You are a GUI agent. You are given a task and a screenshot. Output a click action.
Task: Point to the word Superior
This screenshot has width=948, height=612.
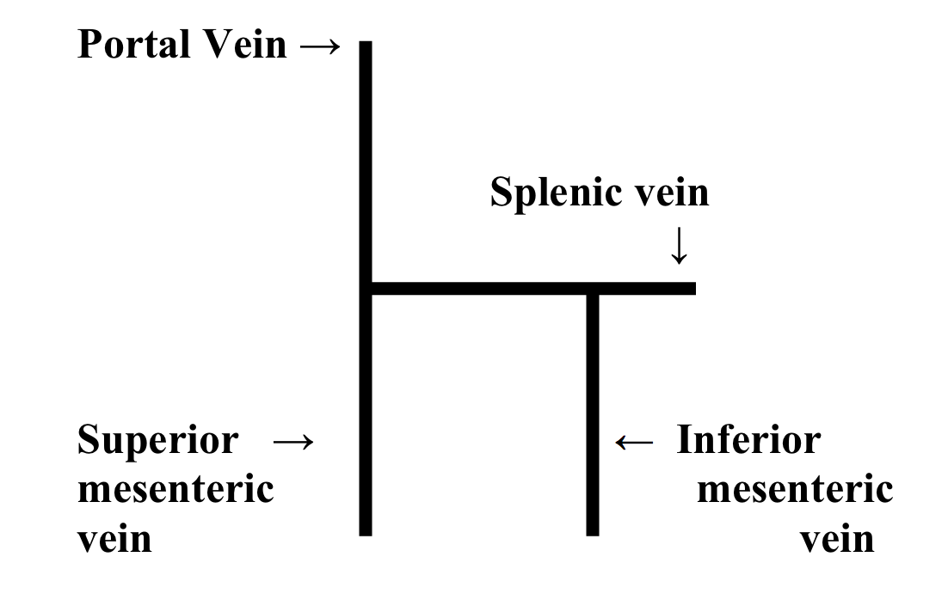coord(157,440)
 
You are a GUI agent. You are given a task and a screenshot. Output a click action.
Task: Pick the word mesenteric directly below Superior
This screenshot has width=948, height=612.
coord(175,490)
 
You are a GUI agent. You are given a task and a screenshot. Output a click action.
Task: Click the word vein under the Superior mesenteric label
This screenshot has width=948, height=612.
coord(114,539)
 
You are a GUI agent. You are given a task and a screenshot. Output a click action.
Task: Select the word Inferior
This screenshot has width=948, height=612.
coord(748,440)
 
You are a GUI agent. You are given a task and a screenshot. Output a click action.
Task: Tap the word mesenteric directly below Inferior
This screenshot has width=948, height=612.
coord(795,490)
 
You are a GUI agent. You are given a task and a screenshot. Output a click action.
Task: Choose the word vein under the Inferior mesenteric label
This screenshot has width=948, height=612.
coord(837,539)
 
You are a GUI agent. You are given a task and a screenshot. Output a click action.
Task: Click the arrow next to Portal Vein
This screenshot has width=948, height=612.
coord(321,46)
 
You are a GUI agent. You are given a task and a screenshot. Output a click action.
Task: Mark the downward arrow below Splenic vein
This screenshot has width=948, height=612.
coord(679,247)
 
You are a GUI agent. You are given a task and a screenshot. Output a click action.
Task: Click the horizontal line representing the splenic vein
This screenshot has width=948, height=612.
coord(482,288)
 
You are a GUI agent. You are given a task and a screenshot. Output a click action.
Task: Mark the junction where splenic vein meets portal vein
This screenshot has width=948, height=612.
coord(366,288)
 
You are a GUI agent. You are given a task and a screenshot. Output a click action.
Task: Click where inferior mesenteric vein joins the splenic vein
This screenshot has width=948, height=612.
coord(592,289)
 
